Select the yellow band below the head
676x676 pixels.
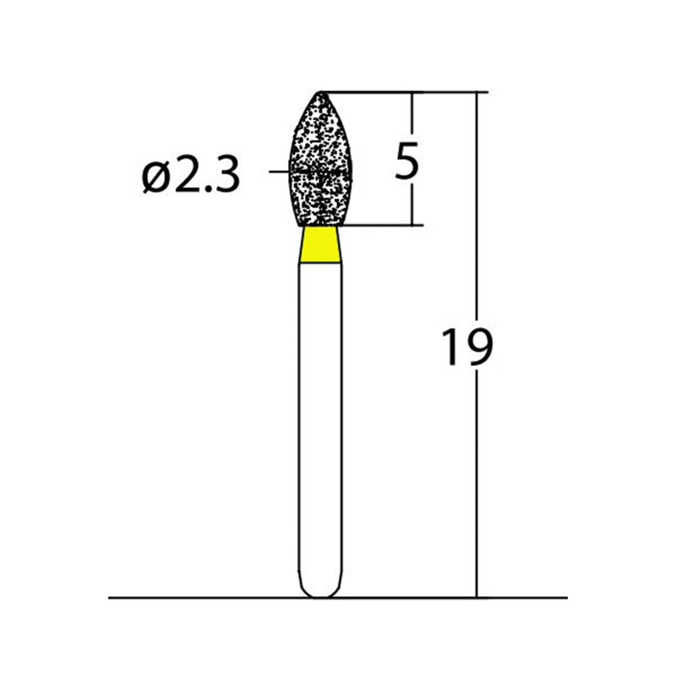(321, 245)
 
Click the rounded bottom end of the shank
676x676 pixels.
(321, 591)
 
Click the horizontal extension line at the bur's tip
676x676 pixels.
(406, 91)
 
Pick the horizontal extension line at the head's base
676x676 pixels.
(380, 226)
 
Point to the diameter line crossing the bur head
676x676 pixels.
(279, 172)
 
